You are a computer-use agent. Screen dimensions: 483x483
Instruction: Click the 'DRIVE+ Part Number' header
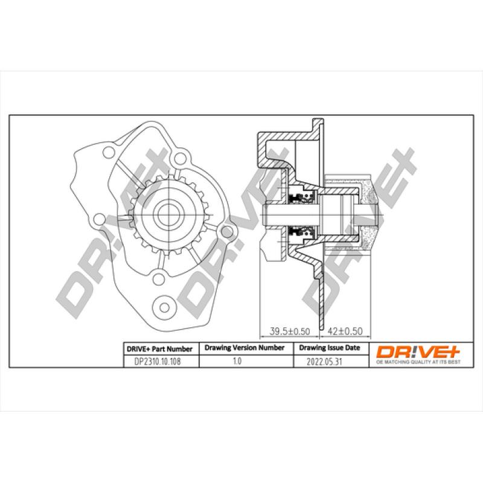pos(159,349)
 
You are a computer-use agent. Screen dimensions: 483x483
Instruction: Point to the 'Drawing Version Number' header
pos(245,348)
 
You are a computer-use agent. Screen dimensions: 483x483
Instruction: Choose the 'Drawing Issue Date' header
pos(330,348)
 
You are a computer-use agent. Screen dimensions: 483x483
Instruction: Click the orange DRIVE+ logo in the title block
pos(416,350)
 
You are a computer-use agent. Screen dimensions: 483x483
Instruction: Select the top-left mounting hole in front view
pos(109,152)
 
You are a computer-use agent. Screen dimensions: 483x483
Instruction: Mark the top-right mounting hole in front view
pos(180,158)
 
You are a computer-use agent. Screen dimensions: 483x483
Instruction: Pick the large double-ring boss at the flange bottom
pos(164,305)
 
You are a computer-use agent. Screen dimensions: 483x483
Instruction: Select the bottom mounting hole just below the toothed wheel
pos(158,278)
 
